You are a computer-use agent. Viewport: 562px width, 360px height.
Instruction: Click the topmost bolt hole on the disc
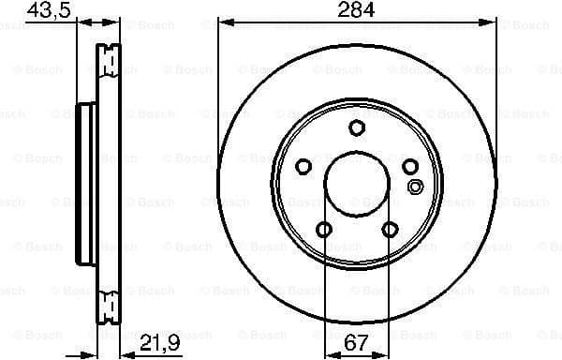pos(356,128)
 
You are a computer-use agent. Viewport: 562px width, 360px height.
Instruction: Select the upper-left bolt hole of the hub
pos(303,167)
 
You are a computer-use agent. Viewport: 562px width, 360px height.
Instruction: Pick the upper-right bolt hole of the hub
pos(409,167)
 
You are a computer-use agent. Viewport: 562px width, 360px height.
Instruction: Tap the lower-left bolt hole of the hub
pos(324,229)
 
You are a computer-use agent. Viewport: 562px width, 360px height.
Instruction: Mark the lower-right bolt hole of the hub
pos(389,229)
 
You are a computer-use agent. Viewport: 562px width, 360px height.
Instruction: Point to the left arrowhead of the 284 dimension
pos(222,21)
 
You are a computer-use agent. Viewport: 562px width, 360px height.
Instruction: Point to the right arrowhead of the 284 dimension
pos(491,21)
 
